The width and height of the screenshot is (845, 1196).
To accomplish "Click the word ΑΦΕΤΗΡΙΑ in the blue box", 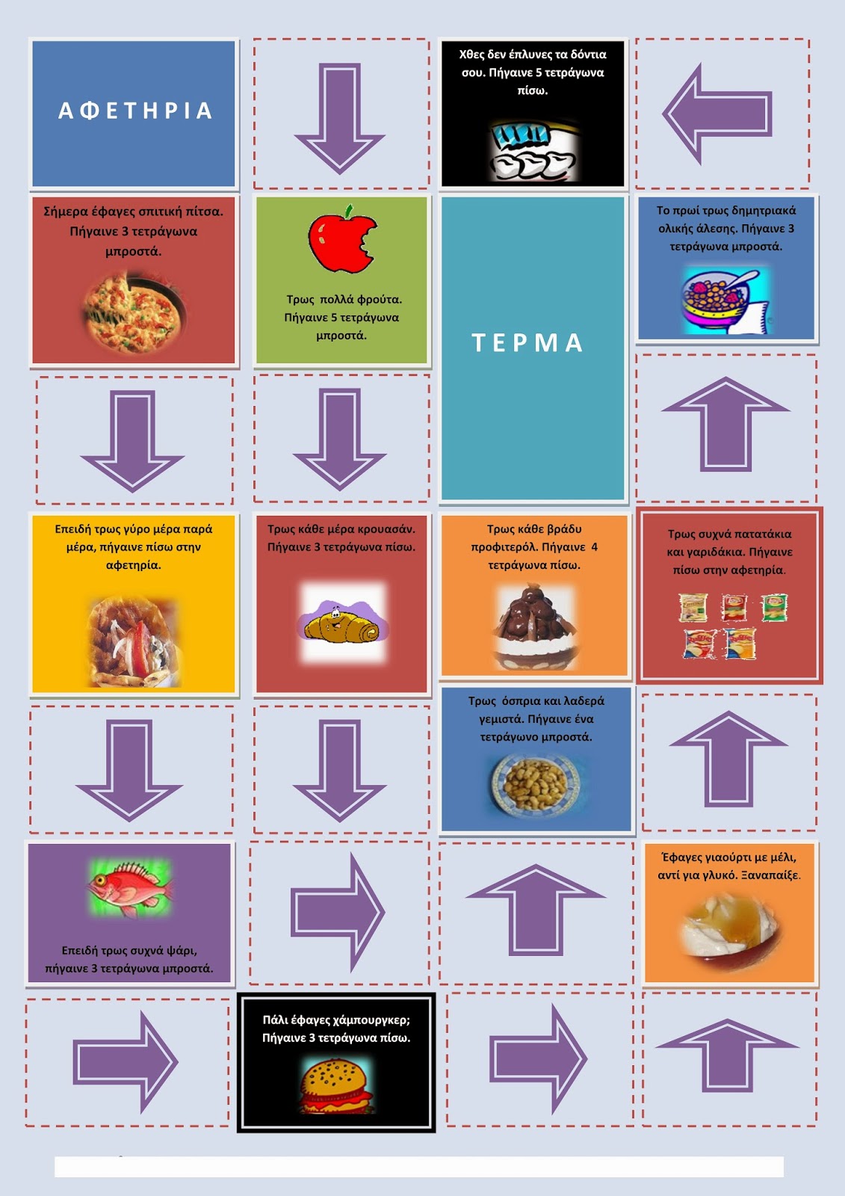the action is click(x=134, y=111).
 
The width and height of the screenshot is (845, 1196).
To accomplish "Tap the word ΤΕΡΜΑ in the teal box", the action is click(x=527, y=343).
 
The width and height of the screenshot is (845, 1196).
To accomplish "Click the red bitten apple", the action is click(x=343, y=238).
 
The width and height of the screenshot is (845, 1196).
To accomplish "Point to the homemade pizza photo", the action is click(x=134, y=312).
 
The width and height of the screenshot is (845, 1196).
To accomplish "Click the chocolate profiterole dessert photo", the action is click(x=536, y=627).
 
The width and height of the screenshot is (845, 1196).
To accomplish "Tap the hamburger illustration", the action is click(x=335, y=1087).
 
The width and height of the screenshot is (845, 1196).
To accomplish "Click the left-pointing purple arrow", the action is click(x=717, y=114).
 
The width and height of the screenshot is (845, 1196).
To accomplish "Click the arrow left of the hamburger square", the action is click(x=125, y=1062).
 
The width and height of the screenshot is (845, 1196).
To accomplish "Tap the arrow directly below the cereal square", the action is click(x=725, y=425).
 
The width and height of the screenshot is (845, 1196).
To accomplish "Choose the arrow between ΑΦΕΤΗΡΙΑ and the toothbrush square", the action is click(x=339, y=119).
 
